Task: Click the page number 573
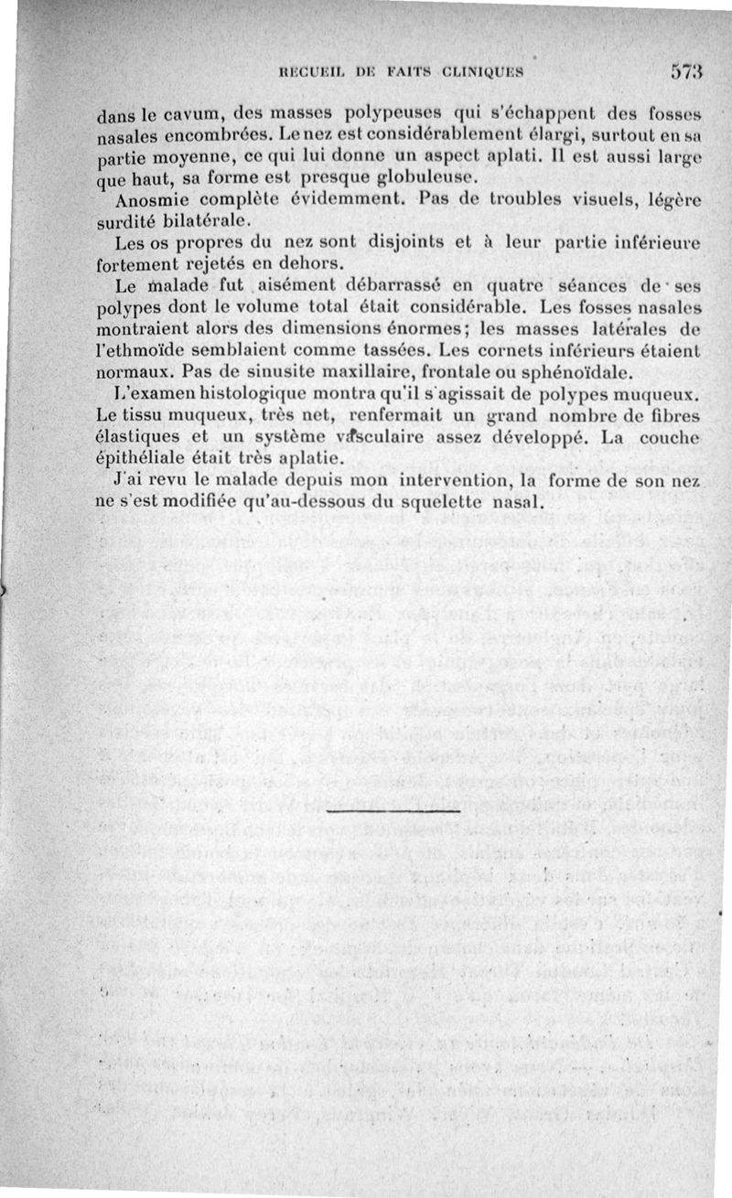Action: point(684,70)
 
